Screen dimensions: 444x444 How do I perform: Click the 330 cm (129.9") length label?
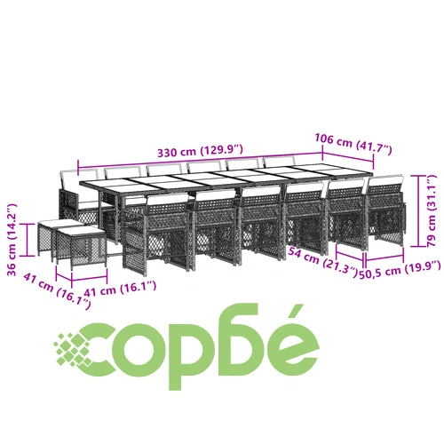tap(200, 151)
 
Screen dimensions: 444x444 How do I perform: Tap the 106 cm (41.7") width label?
tap(353, 144)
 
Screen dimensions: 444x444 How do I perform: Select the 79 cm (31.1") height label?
tap(432, 210)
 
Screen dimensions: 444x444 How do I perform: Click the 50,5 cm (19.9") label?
tap(400, 270)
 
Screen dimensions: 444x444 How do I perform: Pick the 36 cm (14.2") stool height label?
tap(12, 240)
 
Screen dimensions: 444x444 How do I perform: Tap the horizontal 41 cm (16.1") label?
tap(120, 289)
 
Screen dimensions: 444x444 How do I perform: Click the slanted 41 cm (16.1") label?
tap(57, 291)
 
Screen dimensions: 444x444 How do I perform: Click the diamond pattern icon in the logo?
tap(73, 349)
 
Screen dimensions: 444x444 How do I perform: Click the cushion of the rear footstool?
tap(56, 223)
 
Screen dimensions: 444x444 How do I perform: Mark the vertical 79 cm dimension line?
tap(418, 210)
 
